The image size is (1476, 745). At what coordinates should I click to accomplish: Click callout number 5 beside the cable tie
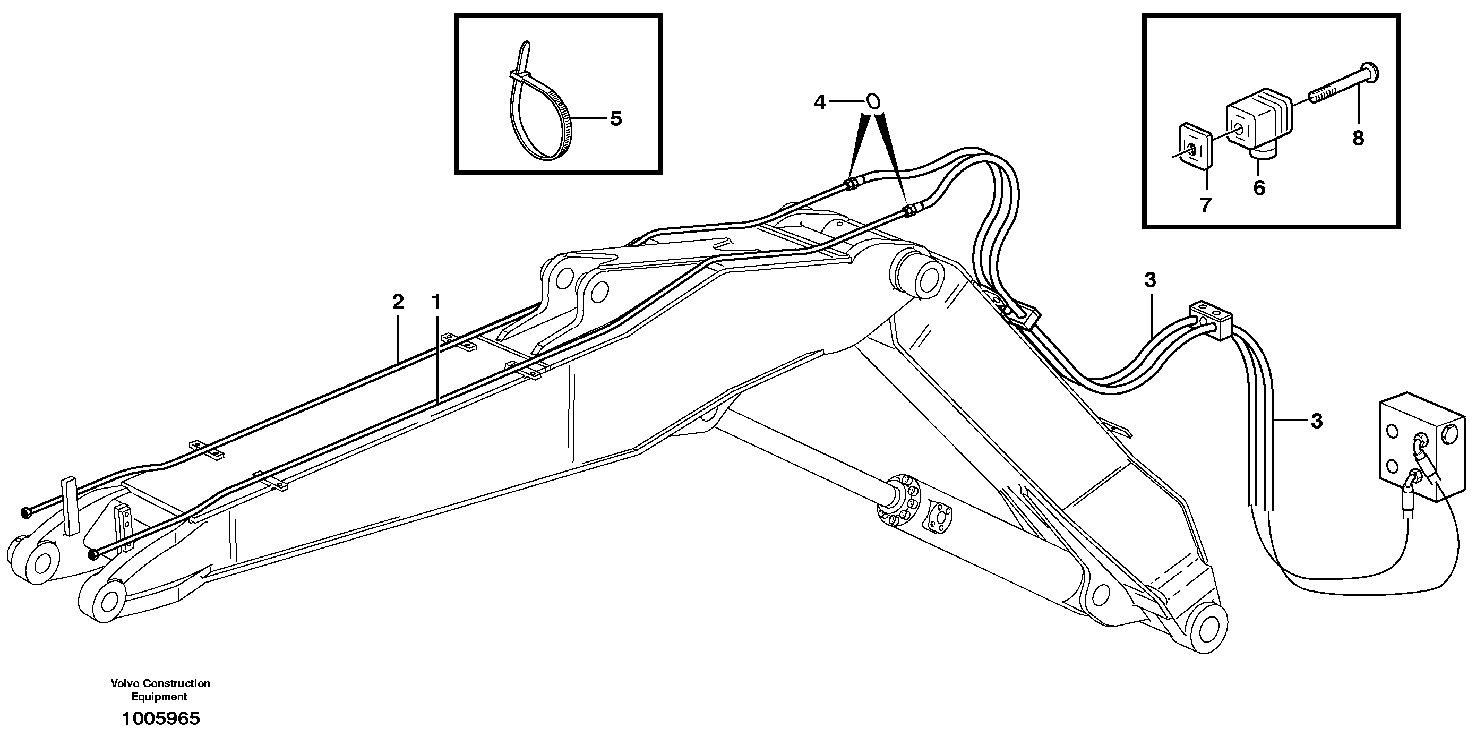tap(615, 119)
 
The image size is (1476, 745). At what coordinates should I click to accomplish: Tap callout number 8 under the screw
tap(1358, 138)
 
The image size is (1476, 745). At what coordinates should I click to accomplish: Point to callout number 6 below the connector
tap(1259, 188)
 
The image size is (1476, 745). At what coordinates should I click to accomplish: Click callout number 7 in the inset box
tap(1206, 205)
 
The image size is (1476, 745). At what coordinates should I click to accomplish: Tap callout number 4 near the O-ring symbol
tap(820, 102)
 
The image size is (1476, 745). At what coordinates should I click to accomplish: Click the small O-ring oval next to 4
tap(873, 102)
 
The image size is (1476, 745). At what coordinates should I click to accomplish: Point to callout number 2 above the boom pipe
tap(398, 302)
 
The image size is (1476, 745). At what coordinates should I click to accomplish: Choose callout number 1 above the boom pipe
tap(436, 302)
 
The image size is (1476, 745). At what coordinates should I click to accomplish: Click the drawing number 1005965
tap(160, 718)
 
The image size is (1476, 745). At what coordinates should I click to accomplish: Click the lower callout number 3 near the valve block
tap(1317, 421)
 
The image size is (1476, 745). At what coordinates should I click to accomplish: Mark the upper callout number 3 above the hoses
tap(1150, 280)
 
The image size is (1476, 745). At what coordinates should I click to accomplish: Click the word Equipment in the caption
tap(159, 697)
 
